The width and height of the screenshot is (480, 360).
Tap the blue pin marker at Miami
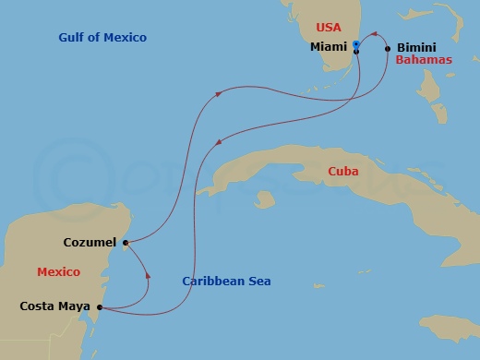356,43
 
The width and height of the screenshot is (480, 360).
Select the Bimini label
416,47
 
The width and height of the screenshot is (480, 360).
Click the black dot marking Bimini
388,47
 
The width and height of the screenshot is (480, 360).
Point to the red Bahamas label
424,60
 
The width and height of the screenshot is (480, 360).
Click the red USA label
329,28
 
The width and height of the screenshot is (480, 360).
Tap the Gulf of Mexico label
102,38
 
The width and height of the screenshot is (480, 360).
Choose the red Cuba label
343,172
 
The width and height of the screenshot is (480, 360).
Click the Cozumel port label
90,243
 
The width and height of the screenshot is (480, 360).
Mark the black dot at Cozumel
125,243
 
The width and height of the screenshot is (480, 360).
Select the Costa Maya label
55,306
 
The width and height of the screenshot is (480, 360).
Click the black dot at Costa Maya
99,306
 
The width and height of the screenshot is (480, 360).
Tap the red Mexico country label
59,272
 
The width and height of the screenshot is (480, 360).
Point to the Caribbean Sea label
226,282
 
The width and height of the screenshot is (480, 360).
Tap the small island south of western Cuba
266,198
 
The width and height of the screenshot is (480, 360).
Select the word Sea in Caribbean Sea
258,282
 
